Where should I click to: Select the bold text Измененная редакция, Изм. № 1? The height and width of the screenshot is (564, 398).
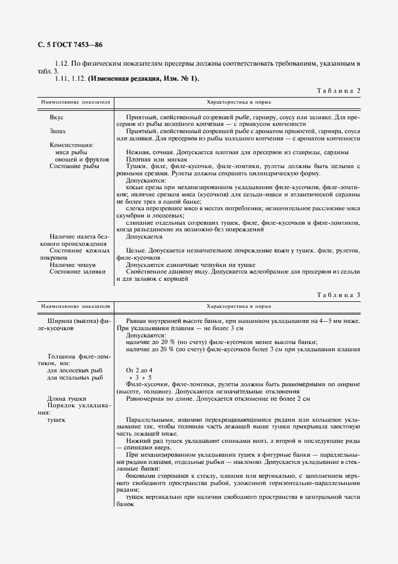coord(143,78)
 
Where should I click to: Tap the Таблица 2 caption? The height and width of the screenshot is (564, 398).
coord(338,91)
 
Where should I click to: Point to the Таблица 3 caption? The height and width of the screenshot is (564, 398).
coord(338,295)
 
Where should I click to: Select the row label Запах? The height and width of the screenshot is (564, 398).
coord(58,131)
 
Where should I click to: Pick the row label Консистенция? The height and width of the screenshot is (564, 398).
coord(72,145)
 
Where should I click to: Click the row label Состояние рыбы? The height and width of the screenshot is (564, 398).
coord(75,166)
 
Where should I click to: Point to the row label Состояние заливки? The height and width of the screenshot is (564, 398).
coord(77,272)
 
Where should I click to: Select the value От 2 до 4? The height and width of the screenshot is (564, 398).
coord(139,369)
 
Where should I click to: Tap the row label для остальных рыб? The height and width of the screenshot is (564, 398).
coord(75,377)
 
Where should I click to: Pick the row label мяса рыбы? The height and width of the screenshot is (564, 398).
coord(71,152)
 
